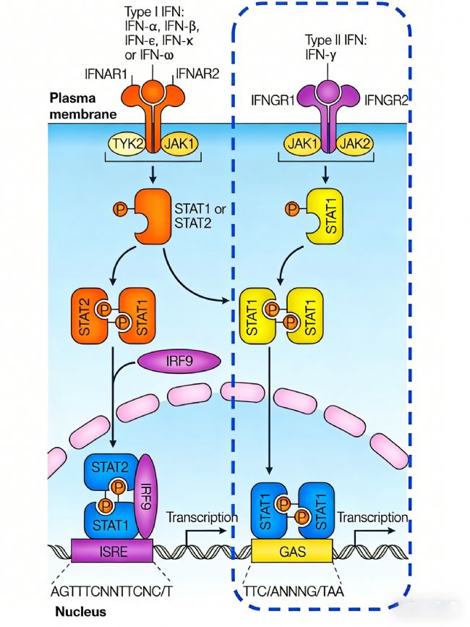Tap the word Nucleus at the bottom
tap(80, 612)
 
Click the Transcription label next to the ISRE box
tap(202, 518)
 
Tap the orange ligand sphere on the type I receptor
tap(152, 92)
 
